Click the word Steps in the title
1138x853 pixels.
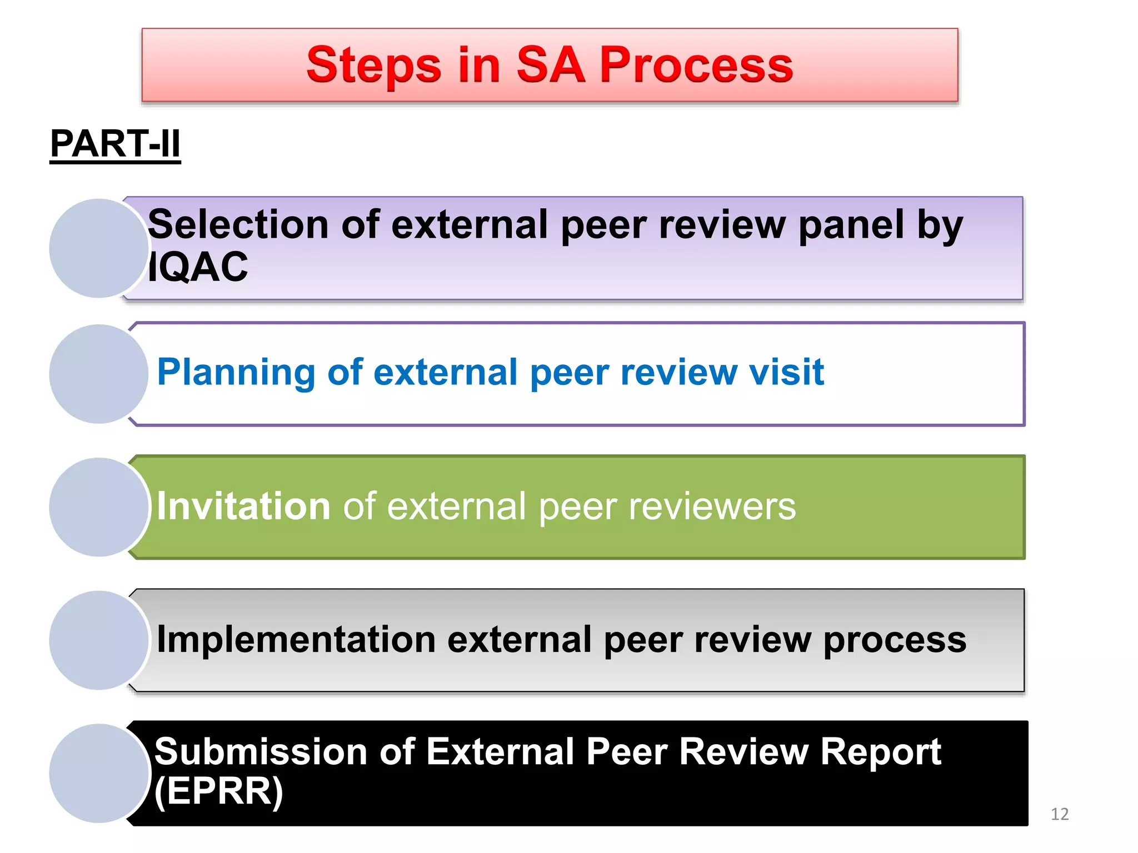pyautogui.click(x=373, y=66)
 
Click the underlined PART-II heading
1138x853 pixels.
pyautogui.click(x=115, y=144)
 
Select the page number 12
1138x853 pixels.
pyautogui.click(x=1060, y=814)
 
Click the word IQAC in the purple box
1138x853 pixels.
pyautogui.click(x=198, y=267)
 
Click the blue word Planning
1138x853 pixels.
pyautogui.click(x=237, y=373)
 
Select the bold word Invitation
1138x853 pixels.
pyautogui.click(x=243, y=506)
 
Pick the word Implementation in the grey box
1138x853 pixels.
pyautogui.click(x=296, y=640)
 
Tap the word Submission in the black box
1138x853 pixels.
pyautogui.click(x=261, y=752)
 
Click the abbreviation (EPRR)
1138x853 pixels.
pyautogui.click(x=218, y=791)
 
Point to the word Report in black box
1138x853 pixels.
pyautogui.click(x=880, y=752)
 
